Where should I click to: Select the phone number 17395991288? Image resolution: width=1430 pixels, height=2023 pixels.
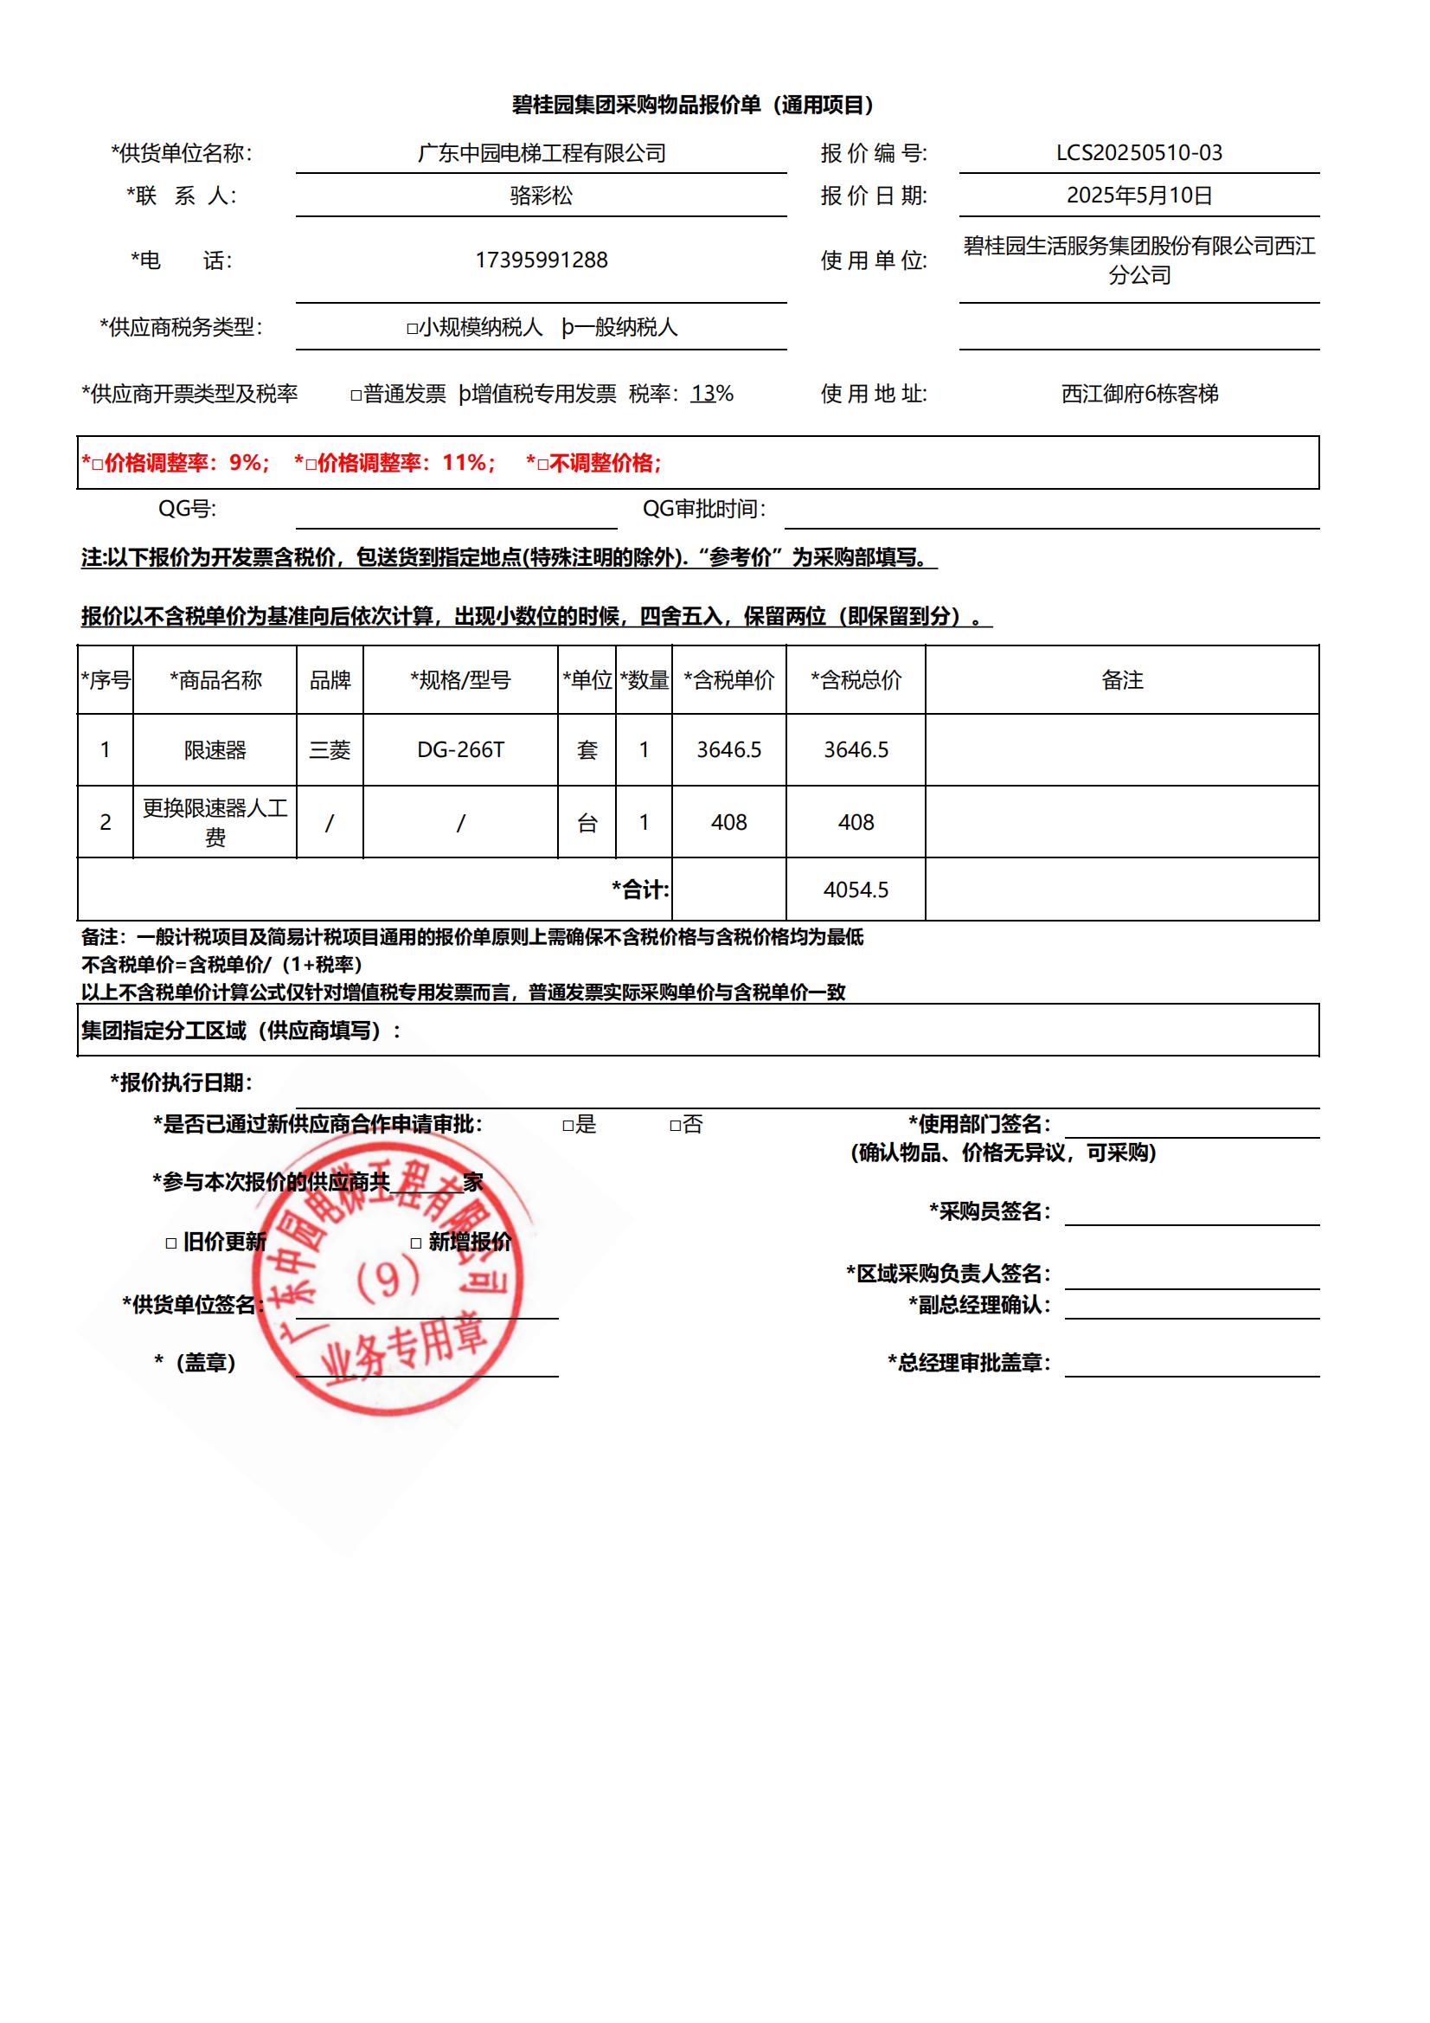click(x=541, y=260)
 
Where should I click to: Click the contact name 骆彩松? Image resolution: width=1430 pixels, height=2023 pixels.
click(x=541, y=195)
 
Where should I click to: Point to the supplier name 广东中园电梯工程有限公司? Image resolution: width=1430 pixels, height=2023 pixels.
click(x=541, y=152)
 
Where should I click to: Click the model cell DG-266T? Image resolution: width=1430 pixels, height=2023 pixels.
click(x=460, y=750)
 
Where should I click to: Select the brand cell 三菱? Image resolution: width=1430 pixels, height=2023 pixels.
click(x=330, y=750)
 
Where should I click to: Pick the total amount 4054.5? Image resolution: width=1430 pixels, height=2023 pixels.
click(x=856, y=889)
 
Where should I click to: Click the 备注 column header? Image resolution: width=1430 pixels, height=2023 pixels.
click(x=1122, y=680)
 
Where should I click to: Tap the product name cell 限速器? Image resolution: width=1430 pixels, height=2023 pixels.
click(x=215, y=750)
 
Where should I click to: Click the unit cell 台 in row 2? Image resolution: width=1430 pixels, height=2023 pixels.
click(x=587, y=823)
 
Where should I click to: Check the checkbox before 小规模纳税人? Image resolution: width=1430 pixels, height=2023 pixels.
click(x=412, y=329)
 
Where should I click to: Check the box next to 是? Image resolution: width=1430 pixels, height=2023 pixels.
click(x=568, y=1125)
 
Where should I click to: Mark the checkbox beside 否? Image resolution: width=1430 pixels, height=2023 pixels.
click(x=675, y=1125)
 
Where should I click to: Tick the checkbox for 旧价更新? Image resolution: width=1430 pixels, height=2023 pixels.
click(x=171, y=1243)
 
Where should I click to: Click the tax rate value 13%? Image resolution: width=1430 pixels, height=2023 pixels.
click(x=712, y=394)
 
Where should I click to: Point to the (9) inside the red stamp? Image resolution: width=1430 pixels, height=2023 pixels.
click(x=388, y=1280)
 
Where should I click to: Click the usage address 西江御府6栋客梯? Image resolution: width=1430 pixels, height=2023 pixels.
click(x=1139, y=394)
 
